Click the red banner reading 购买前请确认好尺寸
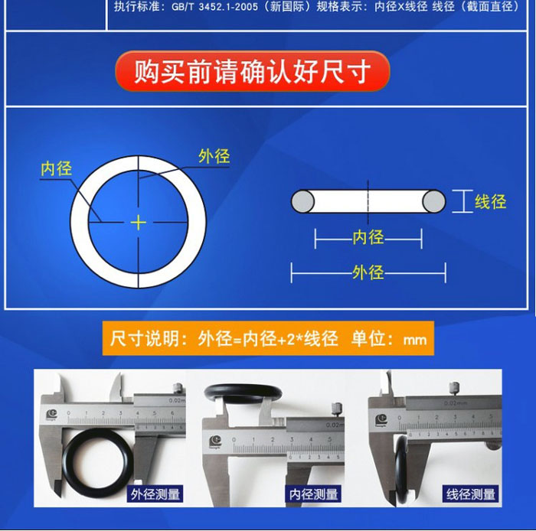coord(253,71)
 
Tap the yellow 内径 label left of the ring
coord(56,168)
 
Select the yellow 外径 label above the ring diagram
coord(214,156)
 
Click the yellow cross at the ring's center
coord(139,223)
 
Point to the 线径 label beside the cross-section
coord(490,201)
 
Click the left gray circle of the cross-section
coord(303,201)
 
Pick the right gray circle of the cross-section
coord(434,201)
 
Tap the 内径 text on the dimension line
coord(368,237)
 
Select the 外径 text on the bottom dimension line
coord(368,272)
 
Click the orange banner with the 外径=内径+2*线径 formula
coord(268,338)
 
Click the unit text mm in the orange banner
coord(415,340)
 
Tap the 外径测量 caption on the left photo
coord(155,494)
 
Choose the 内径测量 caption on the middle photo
coord(312,494)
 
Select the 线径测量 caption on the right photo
coord(470,494)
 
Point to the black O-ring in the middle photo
coord(243,393)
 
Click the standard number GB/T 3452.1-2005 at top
coord(214,7)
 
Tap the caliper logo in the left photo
coord(51,415)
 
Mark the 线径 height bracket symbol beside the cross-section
coord(462,201)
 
